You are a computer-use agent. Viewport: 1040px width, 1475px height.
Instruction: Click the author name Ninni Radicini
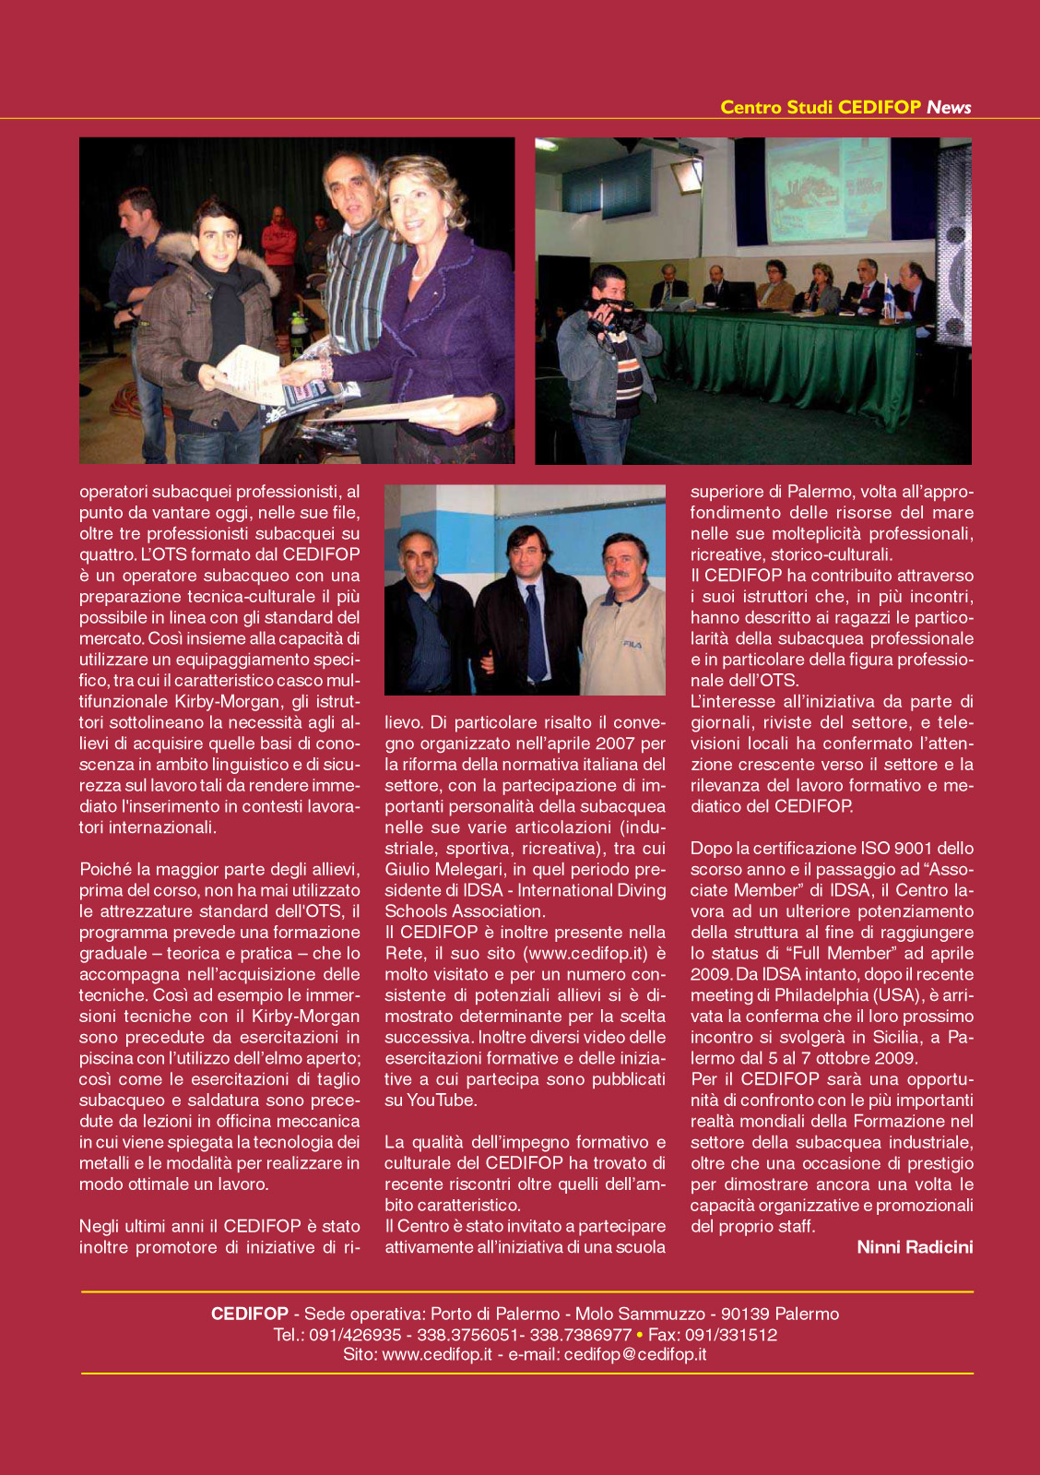click(x=915, y=1247)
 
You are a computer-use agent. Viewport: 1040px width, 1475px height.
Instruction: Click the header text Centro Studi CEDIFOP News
click(x=845, y=107)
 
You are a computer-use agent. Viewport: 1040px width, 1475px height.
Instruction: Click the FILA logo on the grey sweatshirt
click(x=632, y=644)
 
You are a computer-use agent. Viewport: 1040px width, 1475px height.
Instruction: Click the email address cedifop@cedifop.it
click(x=635, y=1354)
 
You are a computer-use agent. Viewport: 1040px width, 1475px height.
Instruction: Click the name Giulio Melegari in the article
click(x=443, y=869)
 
